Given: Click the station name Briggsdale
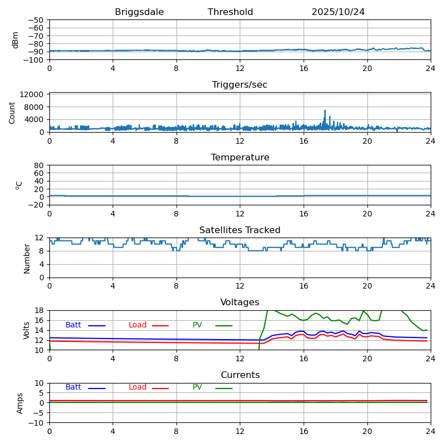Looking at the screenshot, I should tap(139, 12).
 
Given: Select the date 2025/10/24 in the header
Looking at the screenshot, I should tap(338, 12).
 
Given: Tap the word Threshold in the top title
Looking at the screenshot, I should tap(230, 12).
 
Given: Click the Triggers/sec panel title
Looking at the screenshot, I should tap(240, 85).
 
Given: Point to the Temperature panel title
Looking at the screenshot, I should tap(240, 158).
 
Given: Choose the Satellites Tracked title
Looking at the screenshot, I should tap(240, 230).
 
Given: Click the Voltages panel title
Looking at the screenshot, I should tap(240, 302).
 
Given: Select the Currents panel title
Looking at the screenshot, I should tap(240, 375).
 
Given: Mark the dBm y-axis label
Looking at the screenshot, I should tap(16, 40).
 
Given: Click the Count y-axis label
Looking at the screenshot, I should tap(12, 113).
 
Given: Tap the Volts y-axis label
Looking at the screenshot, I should tap(27, 330).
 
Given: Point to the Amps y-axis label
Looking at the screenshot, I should tap(20, 403).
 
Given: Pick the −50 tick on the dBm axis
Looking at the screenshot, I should tap(36, 20).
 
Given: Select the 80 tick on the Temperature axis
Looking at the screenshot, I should tap(39, 165).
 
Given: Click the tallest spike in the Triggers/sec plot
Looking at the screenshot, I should tap(325, 110).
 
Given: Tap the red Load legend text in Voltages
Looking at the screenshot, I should tap(138, 325).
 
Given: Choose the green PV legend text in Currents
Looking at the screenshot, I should tap(197, 387).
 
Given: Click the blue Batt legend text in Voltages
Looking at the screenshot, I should tap(73, 325).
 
